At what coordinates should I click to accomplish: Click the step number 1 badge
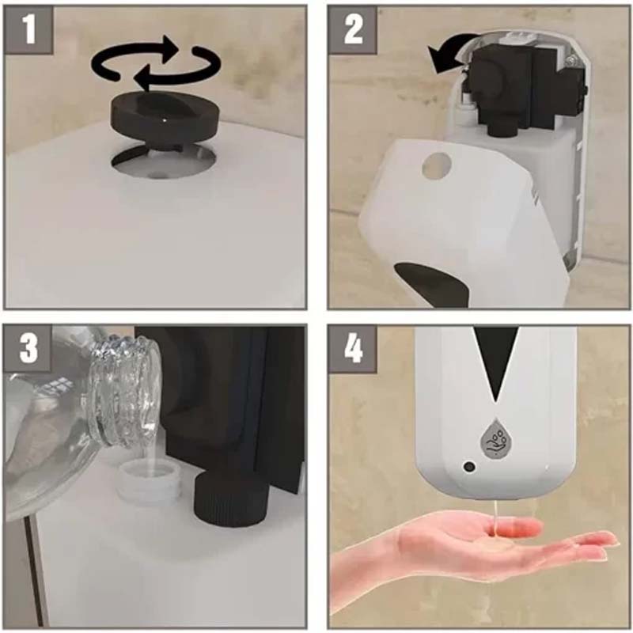(29, 28)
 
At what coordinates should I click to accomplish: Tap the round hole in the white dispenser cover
(436, 165)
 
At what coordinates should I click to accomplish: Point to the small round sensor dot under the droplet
(469, 467)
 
